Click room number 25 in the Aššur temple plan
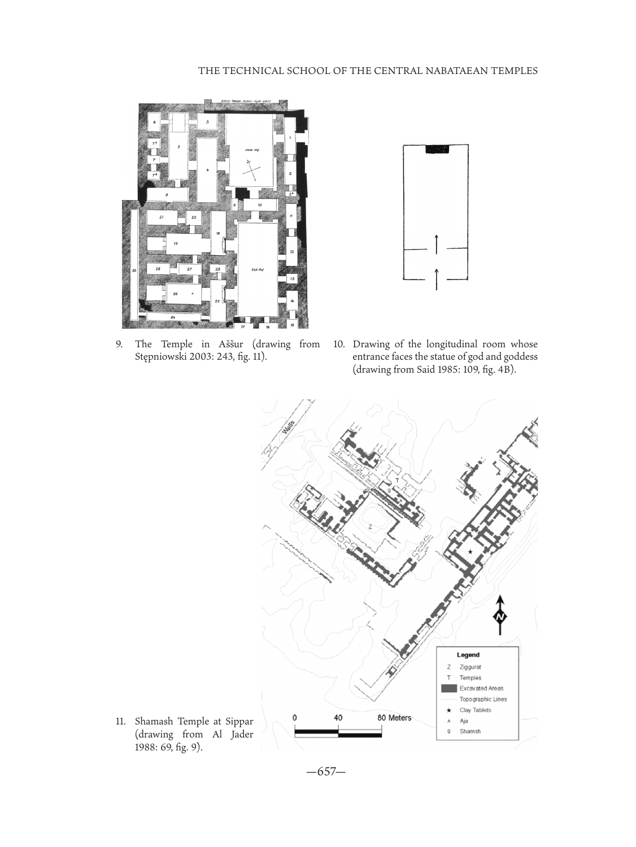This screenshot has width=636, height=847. coord(134,270)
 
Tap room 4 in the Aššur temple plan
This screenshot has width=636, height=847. coord(207,169)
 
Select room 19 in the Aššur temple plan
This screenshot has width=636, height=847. coord(176,243)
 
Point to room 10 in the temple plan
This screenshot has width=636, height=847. coord(259,204)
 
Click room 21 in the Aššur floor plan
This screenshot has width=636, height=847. coord(162,217)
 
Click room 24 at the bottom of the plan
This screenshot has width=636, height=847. coord(173,317)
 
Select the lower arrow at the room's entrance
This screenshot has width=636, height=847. coord(437,279)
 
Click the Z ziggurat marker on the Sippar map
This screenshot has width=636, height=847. coord(371,526)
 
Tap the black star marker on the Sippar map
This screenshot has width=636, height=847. coord(470,551)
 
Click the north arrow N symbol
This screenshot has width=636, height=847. coord(500,616)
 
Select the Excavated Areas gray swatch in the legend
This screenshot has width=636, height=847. coord(449,688)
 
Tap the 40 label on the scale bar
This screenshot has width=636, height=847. coord(338,717)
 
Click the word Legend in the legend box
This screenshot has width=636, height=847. coord(468,655)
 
